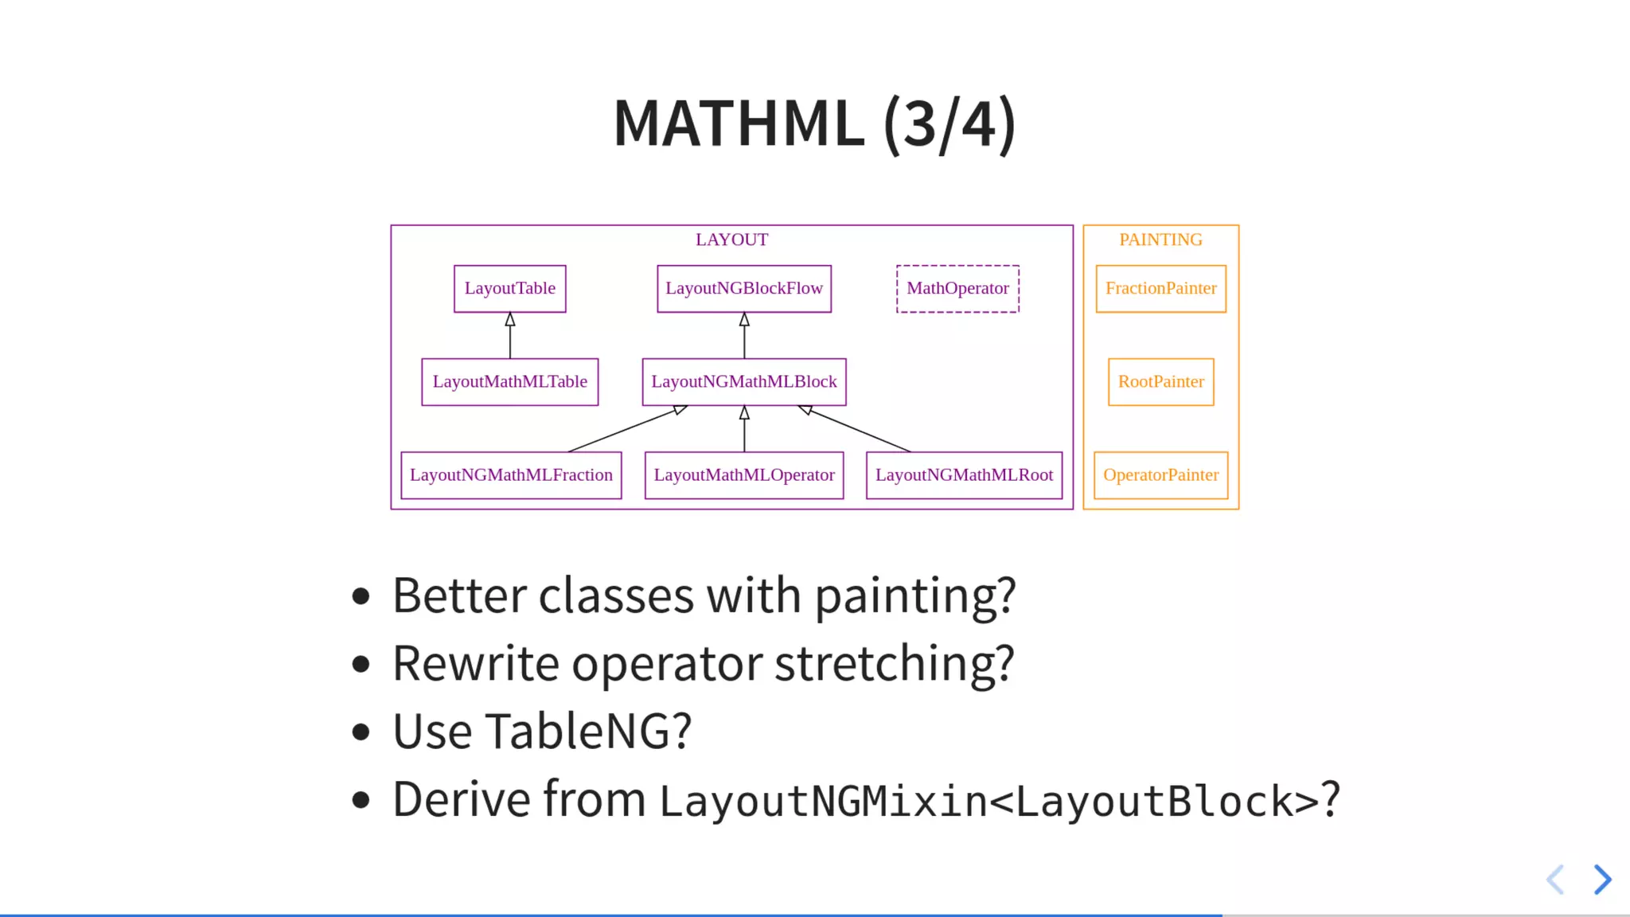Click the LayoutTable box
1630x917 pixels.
coord(509,288)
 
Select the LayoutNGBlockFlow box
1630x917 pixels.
coord(743,288)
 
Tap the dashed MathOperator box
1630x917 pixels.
coord(957,288)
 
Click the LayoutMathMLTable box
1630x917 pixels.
coord(509,381)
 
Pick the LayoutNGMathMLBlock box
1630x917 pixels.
coord(743,381)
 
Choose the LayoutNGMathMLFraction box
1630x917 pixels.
coord(511,474)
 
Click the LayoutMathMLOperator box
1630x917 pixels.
coord(743,474)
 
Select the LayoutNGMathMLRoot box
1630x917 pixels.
coord(964,474)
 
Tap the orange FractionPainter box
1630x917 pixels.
coord(1160,288)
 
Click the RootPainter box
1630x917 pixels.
coord(1160,381)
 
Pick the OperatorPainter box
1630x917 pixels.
coord(1160,474)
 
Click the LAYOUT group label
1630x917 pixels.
coord(731,240)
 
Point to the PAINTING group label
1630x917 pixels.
coord(1160,240)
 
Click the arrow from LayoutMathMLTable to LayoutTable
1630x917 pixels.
coord(509,338)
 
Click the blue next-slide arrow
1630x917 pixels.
coord(1602,880)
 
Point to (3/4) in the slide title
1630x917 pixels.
coord(949,124)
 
